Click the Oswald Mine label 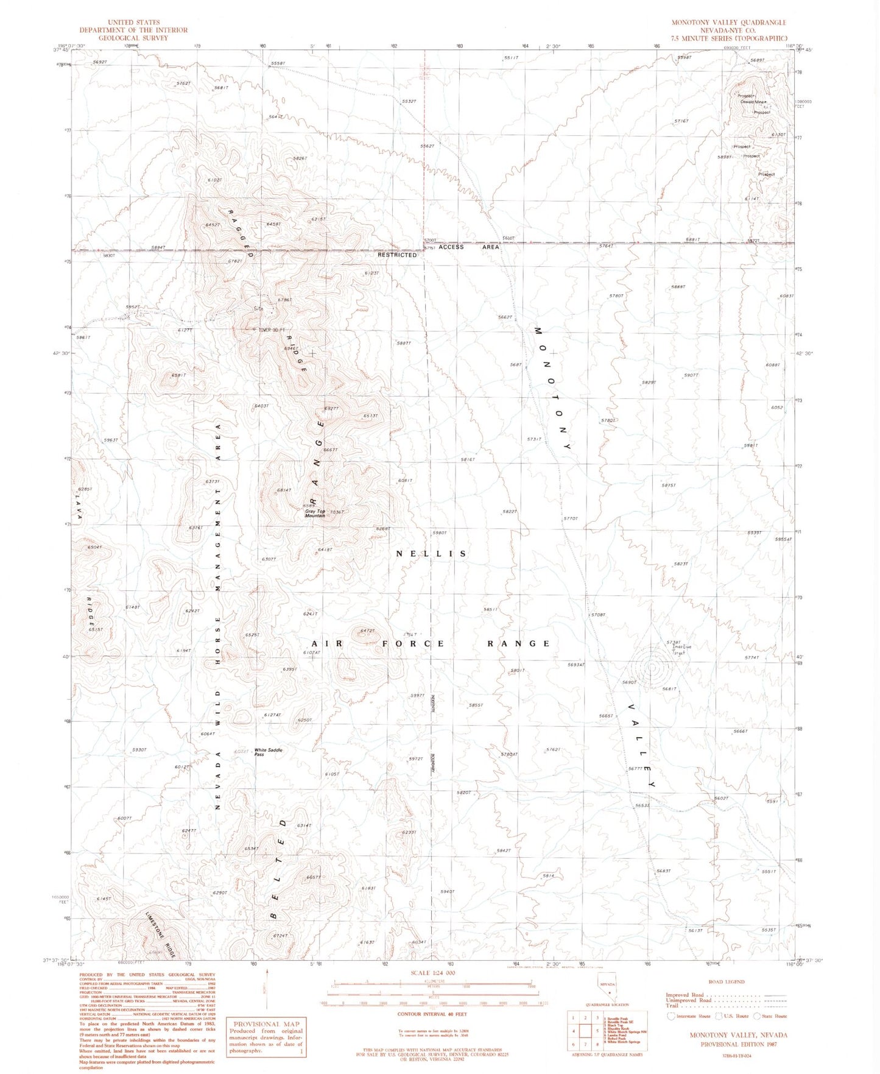tap(752, 102)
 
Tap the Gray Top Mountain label tap(315, 514)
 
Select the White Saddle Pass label tap(268, 752)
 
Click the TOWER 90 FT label tap(272, 330)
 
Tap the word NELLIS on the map tap(431, 554)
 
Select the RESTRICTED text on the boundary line tap(397, 255)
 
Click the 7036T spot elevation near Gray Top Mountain tap(336, 512)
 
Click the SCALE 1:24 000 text tap(433, 973)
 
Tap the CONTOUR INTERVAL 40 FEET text tap(432, 1014)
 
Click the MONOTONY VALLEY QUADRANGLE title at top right tap(728, 23)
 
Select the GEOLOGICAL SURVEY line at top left tap(133, 38)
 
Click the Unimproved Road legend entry tap(689, 1000)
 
